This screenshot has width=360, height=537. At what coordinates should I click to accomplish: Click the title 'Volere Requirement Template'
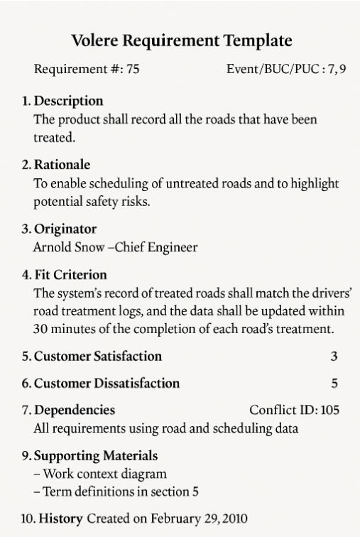point(182,40)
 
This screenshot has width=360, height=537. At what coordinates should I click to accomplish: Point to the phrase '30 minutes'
point(62,329)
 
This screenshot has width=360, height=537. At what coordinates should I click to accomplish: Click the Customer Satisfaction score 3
point(334,356)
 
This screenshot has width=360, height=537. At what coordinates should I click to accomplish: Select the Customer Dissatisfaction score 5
point(334,384)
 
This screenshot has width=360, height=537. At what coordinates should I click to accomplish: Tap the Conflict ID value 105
point(330,411)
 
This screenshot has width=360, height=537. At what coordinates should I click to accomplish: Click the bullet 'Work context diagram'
point(104,474)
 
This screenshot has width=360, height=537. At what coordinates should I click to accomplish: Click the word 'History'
point(61,519)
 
